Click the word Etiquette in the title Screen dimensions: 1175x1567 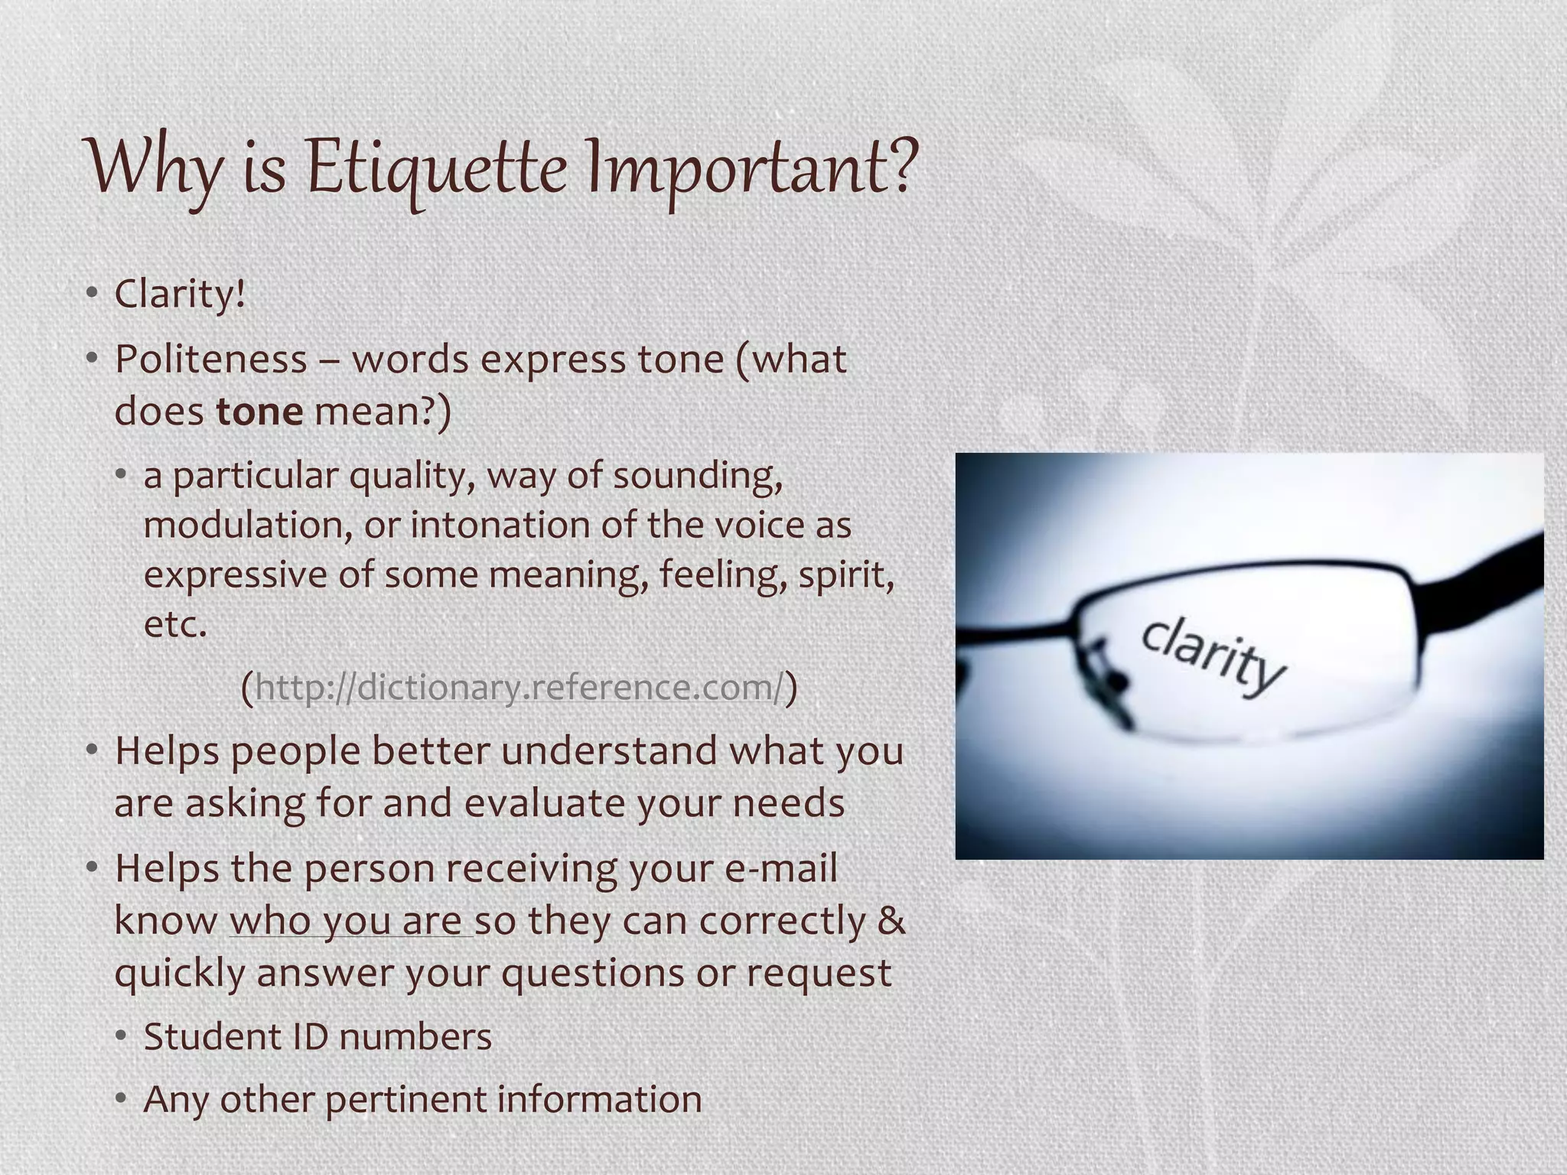click(x=437, y=168)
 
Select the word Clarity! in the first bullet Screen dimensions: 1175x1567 click(x=181, y=295)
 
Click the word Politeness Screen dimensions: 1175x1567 click(x=210, y=360)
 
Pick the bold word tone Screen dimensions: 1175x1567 click(x=259, y=412)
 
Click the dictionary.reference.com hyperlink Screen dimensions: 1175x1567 click(x=520, y=687)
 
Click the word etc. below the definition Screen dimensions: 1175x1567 click(x=175, y=624)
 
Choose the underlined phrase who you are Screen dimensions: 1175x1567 click(x=350, y=921)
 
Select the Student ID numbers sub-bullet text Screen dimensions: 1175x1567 click(x=318, y=1037)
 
